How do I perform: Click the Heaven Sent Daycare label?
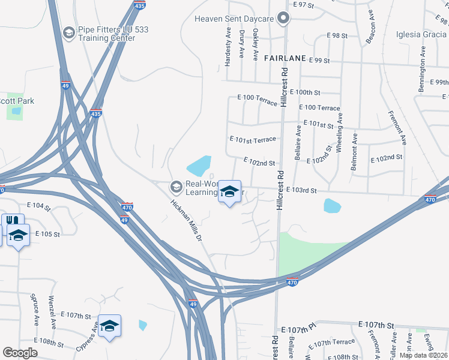pyautogui.click(x=234, y=19)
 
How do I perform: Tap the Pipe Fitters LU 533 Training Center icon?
pyautogui.click(x=69, y=32)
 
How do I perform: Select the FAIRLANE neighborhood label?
pyautogui.click(x=285, y=59)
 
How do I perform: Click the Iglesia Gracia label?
pyautogui.click(x=421, y=34)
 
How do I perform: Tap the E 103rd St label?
pyautogui.click(x=301, y=190)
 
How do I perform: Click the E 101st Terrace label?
pyautogui.click(x=253, y=139)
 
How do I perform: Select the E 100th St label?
pyautogui.click(x=305, y=92)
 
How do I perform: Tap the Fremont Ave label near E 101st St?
pyautogui.click(x=397, y=128)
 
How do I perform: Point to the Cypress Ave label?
pyautogui.click(x=87, y=338)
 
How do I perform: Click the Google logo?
pyautogui.click(x=20, y=353)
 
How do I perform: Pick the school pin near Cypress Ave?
pyautogui.click(x=109, y=326)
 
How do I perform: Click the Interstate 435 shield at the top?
pyautogui.click(x=140, y=5)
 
